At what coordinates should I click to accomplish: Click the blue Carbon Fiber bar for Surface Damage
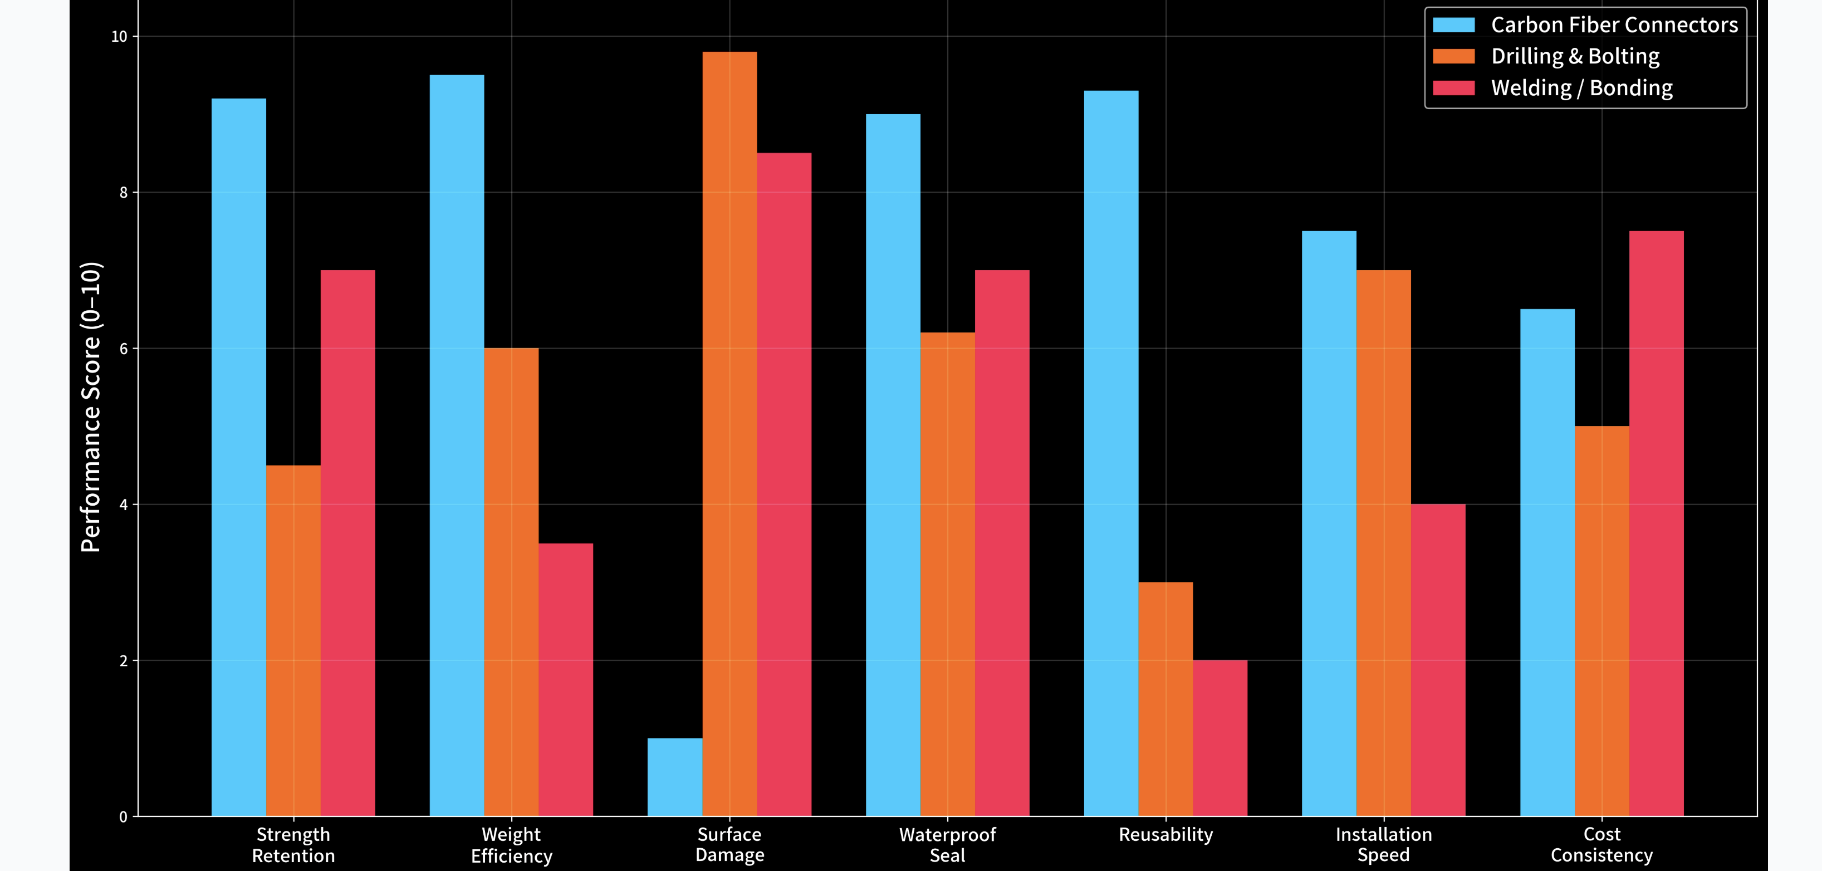pyautogui.click(x=675, y=777)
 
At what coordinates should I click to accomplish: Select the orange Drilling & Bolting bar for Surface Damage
pyautogui.click(x=729, y=434)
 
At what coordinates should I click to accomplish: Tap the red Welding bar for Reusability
pyautogui.click(x=1220, y=738)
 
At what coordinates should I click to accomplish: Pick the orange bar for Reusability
pyautogui.click(x=1165, y=699)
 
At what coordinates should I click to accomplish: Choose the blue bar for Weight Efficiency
pyautogui.click(x=457, y=446)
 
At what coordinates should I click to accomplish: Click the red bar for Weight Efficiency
pyautogui.click(x=566, y=680)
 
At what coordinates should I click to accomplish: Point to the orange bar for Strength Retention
pyautogui.click(x=293, y=641)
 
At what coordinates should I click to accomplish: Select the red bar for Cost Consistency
pyautogui.click(x=1657, y=523)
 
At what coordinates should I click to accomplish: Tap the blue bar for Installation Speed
pyautogui.click(x=1329, y=523)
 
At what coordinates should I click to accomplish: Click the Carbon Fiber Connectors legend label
pyautogui.click(x=1615, y=25)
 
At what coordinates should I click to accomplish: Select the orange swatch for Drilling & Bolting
pyautogui.click(x=1453, y=56)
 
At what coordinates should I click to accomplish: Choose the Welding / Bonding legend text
pyautogui.click(x=1582, y=88)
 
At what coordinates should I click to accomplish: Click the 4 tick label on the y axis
pyautogui.click(x=124, y=505)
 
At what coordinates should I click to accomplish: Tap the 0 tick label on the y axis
pyautogui.click(x=124, y=817)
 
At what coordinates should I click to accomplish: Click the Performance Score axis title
pyautogui.click(x=91, y=407)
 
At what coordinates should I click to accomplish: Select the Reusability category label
pyautogui.click(x=1165, y=835)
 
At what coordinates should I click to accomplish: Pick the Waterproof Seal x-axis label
pyautogui.click(x=948, y=845)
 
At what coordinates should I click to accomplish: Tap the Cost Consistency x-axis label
pyautogui.click(x=1602, y=845)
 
